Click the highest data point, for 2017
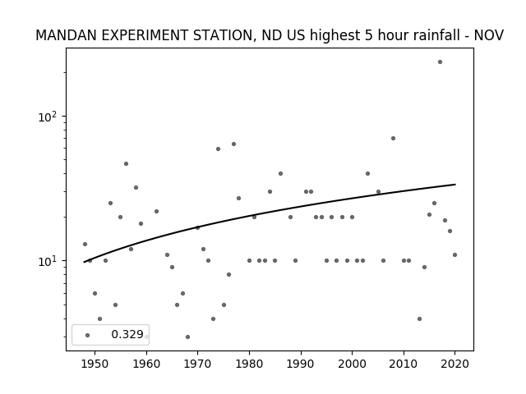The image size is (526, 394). coord(440,62)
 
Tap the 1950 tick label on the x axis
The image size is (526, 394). coord(95,364)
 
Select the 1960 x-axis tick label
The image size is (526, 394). coord(146,364)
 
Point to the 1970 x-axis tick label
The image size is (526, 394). coord(197,364)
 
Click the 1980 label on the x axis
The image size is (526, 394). coord(249,364)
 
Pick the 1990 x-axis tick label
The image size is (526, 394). coord(301,364)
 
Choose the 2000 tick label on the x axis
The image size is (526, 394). coord(352,364)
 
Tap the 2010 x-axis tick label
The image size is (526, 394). coord(404,364)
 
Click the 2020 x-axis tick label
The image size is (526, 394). coord(454,364)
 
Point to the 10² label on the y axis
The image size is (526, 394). coord(48,117)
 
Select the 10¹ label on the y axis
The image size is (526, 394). coord(48,261)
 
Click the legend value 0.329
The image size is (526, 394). coord(127,334)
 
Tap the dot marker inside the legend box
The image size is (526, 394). coord(88,335)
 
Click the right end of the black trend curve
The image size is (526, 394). coord(455,184)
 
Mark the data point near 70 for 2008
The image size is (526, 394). coord(393,139)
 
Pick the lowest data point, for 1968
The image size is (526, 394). coord(187,337)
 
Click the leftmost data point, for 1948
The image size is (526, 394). coord(85,245)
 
